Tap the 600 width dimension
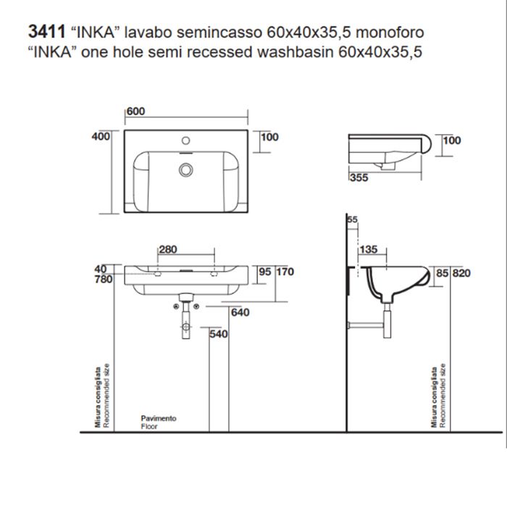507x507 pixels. click(x=135, y=111)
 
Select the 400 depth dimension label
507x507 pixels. click(x=101, y=137)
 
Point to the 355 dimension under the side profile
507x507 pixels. click(x=358, y=177)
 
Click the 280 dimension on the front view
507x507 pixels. click(x=167, y=250)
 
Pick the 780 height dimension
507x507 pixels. click(x=103, y=279)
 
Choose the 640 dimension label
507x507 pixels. click(x=240, y=313)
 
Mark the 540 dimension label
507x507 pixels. click(x=219, y=335)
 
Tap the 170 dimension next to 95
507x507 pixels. click(x=285, y=272)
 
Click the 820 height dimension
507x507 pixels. click(x=461, y=273)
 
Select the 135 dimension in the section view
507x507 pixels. click(x=368, y=250)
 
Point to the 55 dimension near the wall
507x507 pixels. click(x=353, y=219)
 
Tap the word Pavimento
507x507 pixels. click(x=158, y=419)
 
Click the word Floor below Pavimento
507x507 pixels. click(x=148, y=427)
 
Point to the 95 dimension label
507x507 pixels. click(x=264, y=272)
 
